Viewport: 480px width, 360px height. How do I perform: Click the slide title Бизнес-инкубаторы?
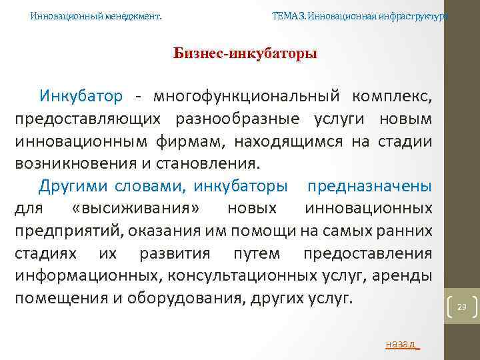pyautogui.click(x=245, y=53)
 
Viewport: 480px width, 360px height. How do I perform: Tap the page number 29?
pyautogui.click(x=461, y=307)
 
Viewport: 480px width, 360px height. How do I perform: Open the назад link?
pyautogui.click(x=402, y=344)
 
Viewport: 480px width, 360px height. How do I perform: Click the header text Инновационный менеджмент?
pyautogui.click(x=96, y=15)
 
